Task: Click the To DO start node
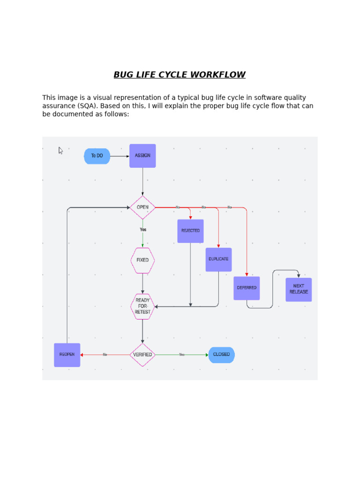point(97,156)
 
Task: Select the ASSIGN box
point(142,156)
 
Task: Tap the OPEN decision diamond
point(142,207)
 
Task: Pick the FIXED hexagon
point(142,260)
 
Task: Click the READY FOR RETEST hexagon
point(142,307)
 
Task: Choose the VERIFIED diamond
point(142,355)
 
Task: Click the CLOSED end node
point(221,355)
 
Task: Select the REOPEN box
point(67,355)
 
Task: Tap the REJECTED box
point(190,231)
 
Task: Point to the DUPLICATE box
point(218,259)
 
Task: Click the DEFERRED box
point(247,288)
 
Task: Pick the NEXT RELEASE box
point(299,289)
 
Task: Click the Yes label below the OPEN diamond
point(143,230)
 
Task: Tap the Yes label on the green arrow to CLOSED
point(182,355)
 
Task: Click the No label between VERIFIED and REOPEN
point(105,355)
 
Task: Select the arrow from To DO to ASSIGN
point(120,156)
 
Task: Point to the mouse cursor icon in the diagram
point(61,150)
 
